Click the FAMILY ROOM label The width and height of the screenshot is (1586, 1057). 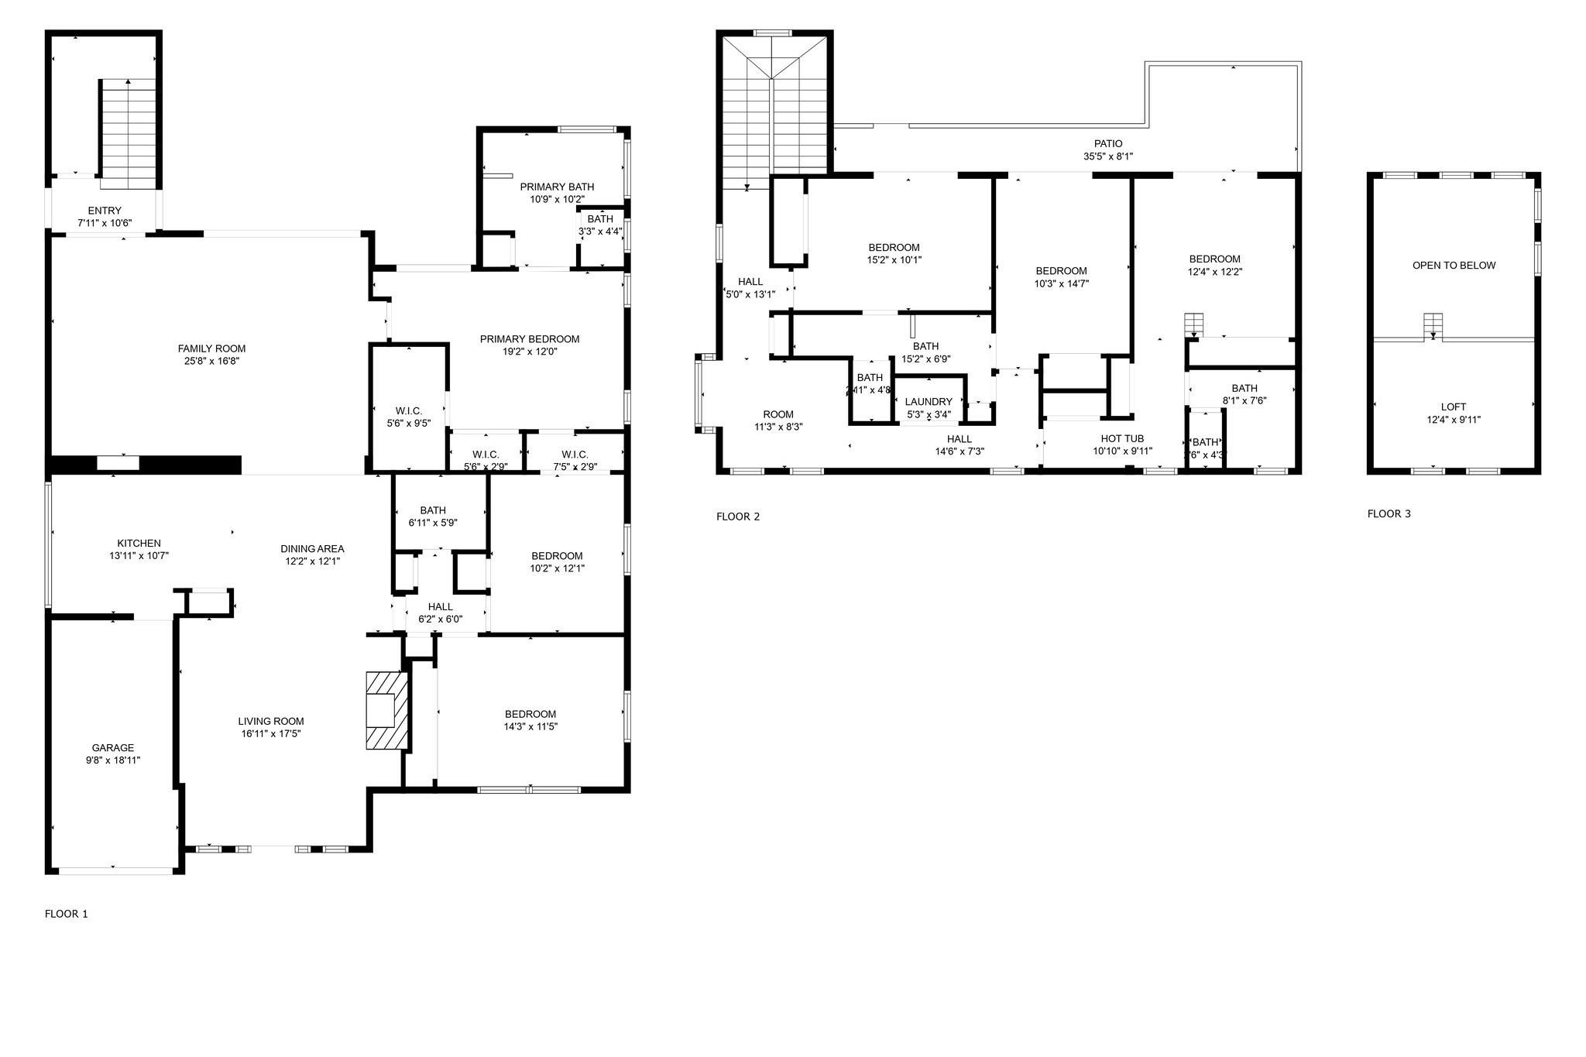pos(211,348)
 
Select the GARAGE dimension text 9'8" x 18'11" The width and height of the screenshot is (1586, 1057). pos(113,760)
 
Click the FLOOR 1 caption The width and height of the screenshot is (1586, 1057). pos(67,914)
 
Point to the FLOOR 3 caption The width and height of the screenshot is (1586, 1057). pos(1389,513)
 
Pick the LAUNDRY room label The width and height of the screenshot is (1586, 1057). pos(928,402)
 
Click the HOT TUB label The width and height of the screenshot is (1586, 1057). pos(1122,438)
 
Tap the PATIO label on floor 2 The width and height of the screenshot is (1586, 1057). pos(1107,143)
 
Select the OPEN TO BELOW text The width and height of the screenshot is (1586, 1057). pos(1454,265)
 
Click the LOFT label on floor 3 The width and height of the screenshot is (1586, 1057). pos(1453,407)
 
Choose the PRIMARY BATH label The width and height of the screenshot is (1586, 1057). pos(557,187)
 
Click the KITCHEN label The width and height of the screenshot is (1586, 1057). pos(139,543)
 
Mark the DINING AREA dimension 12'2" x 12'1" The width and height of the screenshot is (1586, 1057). pos(312,561)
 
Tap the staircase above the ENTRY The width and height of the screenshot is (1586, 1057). pos(129,132)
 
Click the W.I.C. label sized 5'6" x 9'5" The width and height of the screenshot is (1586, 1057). pos(408,410)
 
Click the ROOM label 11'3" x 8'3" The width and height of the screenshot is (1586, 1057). pos(778,414)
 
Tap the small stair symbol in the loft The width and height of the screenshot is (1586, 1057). pos(1433,324)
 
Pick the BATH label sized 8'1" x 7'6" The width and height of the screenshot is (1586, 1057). pos(1244,388)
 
